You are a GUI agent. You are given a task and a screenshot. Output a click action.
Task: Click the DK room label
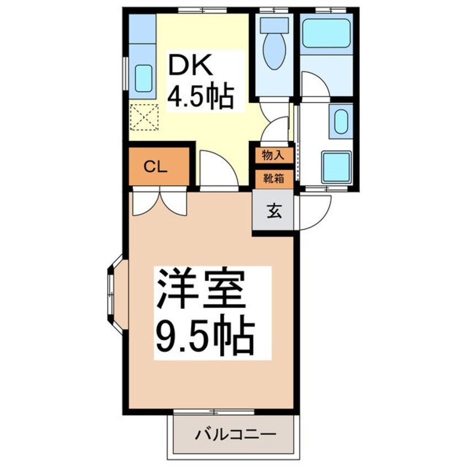[190, 65]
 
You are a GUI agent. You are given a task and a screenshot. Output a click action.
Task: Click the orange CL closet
[160, 167]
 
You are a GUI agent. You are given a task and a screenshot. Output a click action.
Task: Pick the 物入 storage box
[274, 155]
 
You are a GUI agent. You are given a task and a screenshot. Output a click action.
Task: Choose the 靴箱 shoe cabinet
[274, 179]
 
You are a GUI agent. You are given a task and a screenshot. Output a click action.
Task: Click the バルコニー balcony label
[235, 434]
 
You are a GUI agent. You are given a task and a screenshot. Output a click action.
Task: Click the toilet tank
[274, 25]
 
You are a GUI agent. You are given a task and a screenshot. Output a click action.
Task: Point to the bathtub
[326, 33]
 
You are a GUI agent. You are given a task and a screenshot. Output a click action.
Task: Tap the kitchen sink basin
[144, 78]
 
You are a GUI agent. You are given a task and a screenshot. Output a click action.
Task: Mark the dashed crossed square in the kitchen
[144, 117]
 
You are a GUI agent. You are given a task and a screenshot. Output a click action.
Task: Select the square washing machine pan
[336, 167]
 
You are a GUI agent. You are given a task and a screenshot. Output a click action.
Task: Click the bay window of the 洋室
[118, 294]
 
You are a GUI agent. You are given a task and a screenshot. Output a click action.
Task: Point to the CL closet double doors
[160, 203]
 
